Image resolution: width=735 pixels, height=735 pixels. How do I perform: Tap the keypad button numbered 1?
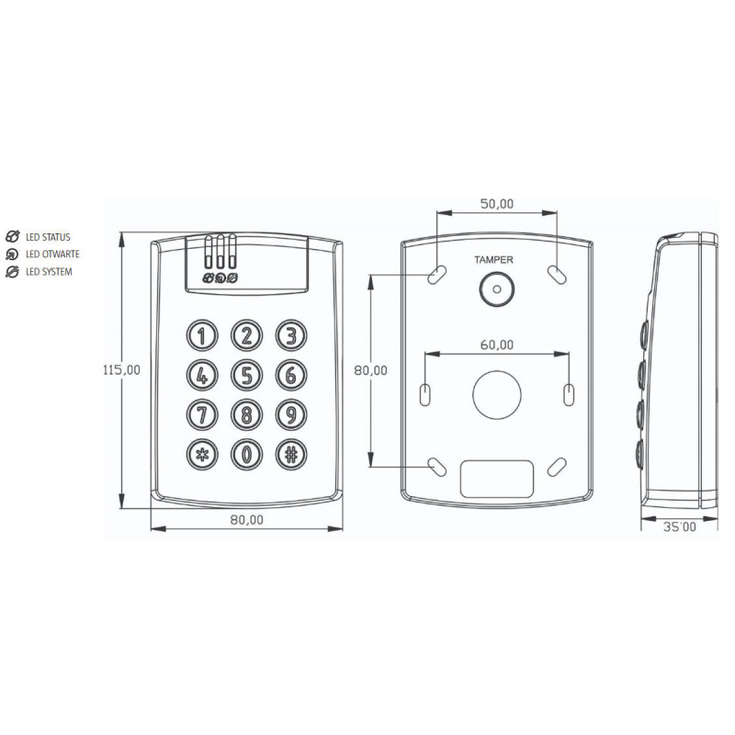pos(202,335)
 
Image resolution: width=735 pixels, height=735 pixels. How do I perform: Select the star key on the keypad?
pos(202,454)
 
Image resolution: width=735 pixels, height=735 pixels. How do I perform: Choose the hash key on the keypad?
pos(290,454)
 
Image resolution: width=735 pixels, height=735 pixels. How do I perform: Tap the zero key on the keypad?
pos(246,454)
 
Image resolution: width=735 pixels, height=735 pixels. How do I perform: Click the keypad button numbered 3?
pos(290,335)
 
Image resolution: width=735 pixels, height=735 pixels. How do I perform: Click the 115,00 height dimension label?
pos(121,370)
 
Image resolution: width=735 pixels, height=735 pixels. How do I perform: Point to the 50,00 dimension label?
pos(497,203)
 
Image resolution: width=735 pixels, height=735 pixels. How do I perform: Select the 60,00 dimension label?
pos(497,345)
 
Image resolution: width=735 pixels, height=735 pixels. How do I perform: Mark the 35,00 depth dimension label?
pos(680,527)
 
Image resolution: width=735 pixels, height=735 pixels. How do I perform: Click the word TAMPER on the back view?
pos(494,260)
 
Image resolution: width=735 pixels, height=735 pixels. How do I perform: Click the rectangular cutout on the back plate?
pos(497,478)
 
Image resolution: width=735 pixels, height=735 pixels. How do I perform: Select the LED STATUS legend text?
pos(49,237)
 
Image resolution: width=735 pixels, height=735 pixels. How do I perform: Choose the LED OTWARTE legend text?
pos(52,254)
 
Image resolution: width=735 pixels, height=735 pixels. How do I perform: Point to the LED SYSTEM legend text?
pos(49,272)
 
